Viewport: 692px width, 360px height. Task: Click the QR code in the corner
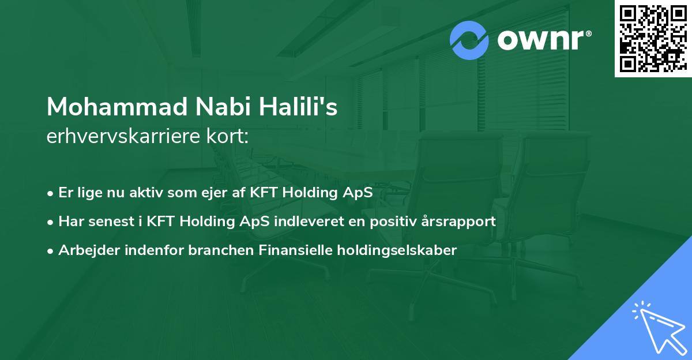(653, 38)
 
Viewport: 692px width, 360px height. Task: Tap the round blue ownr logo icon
(469, 40)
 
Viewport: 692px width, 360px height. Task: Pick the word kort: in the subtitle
(229, 137)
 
